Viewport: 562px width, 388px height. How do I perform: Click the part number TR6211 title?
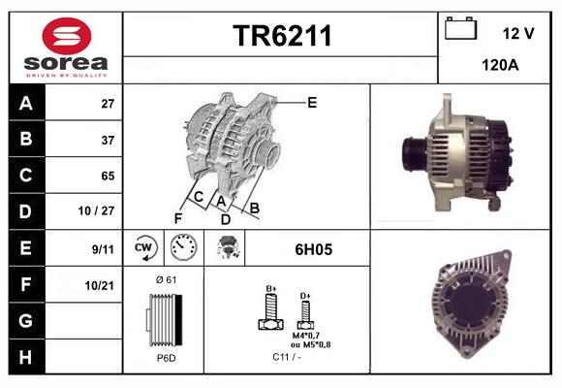tap(282, 36)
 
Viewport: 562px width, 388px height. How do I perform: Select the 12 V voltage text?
tap(518, 33)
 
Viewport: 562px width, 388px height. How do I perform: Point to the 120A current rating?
tap(499, 67)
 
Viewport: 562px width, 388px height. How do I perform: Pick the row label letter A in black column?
tap(26, 103)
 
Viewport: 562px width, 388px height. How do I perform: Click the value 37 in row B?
tap(108, 140)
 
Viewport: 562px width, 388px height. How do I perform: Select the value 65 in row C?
tap(108, 176)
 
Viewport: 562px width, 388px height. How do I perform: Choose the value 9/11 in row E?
tap(102, 248)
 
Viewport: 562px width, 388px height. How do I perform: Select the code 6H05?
tap(313, 249)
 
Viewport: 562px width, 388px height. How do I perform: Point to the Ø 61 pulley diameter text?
tap(166, 280)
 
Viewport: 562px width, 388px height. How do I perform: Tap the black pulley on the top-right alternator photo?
tap(411, 154)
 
